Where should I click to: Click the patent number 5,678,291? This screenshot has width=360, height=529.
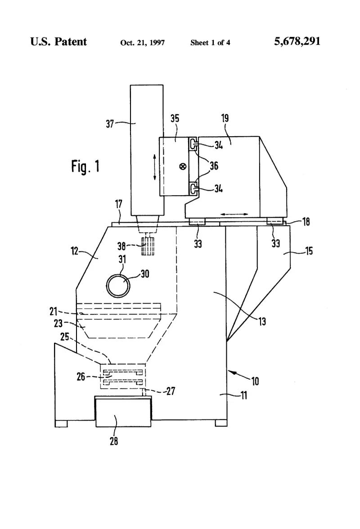click(297, 41)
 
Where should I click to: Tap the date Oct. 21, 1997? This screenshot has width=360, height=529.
click(142, 42)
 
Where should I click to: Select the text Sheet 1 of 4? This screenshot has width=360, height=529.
click(210, 42)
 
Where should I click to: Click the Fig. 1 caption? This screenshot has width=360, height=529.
click(85, 166)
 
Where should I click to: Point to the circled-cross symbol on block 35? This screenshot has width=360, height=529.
click(183, 166)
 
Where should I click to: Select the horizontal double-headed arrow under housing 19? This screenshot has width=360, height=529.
click(234, 214)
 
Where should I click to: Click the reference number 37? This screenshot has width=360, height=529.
click(110, 124)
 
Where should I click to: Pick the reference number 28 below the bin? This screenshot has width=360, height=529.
click(114, 441)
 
